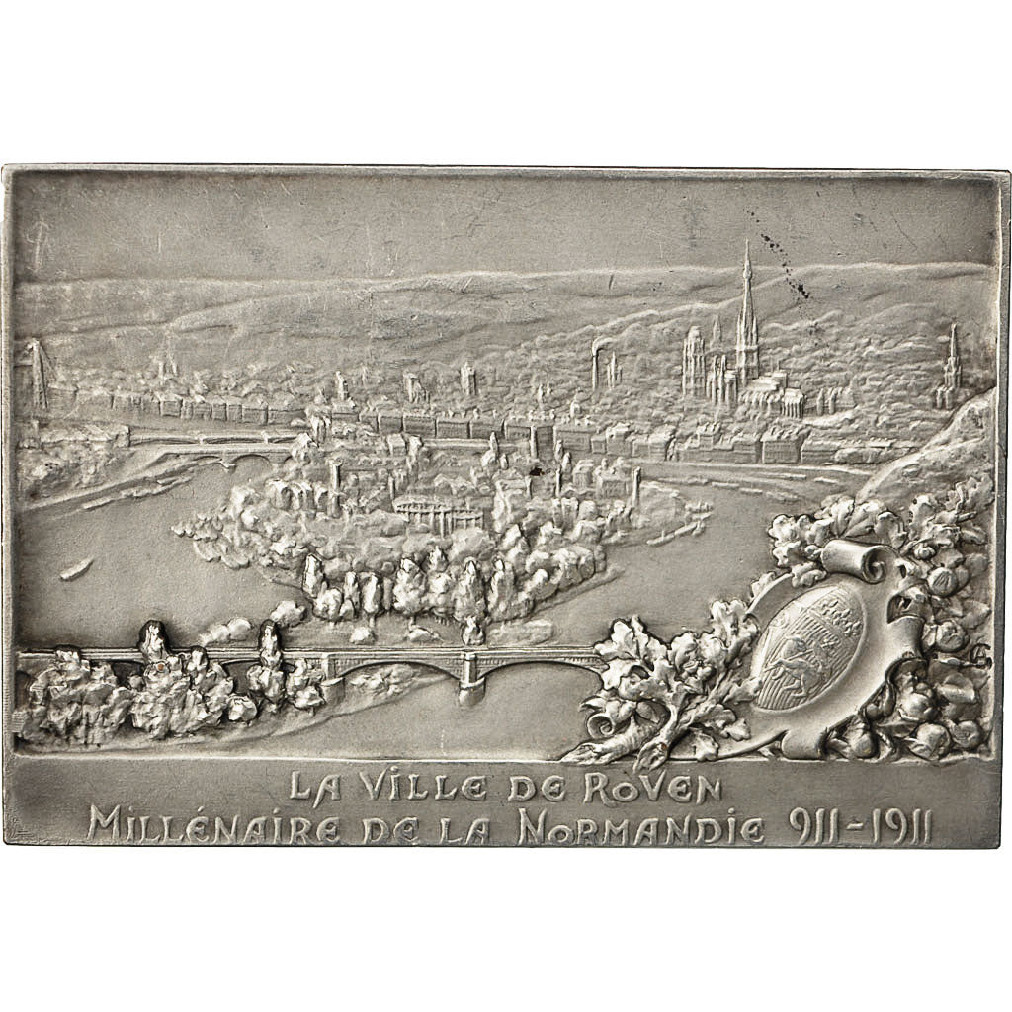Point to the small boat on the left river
pyautogui.click(x=76, y=569)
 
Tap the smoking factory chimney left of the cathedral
pyautogui.click(x=596, y=368)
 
